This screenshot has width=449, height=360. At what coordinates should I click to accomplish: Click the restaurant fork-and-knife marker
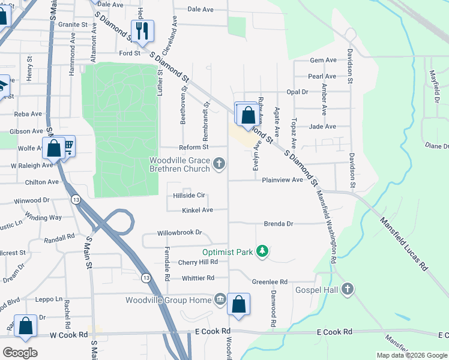tap(142, 31)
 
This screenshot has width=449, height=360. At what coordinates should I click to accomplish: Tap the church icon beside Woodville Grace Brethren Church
tap(220, 163)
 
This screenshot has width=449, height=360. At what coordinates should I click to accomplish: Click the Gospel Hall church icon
tap(346, 290)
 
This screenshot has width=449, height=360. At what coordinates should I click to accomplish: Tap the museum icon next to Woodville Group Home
tap(220, 299)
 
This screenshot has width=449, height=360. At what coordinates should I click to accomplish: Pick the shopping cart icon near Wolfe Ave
tap(68, 145)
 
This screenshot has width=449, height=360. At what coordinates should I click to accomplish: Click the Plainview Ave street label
tap(282, 179)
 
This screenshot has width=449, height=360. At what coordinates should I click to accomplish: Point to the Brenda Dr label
tap(279, 224)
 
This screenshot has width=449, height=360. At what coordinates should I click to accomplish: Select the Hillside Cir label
tap(189, 195)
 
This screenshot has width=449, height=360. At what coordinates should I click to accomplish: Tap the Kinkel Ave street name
tap(197, 210)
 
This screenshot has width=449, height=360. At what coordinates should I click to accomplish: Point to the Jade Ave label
tap(322, 126)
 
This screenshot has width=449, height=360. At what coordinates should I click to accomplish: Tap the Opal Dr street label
tap(297, 92)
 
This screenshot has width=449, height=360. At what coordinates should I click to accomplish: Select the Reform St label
tap(193, 147)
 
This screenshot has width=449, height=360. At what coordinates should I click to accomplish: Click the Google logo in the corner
tap(20, 353)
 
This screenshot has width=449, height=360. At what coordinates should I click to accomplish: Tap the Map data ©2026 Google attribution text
tap(411, 355)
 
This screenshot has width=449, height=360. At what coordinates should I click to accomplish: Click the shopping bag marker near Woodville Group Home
tap(239, 304)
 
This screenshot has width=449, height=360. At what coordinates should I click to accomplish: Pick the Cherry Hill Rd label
tap(197, 262)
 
